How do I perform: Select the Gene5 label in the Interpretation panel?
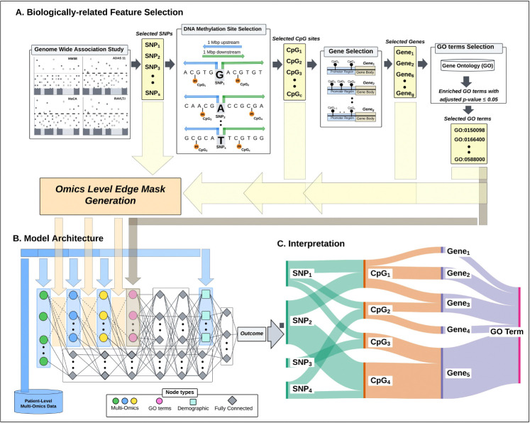coord(458,373)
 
